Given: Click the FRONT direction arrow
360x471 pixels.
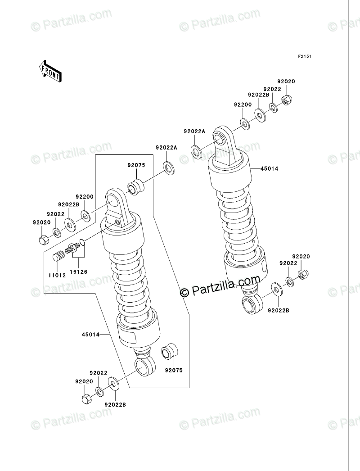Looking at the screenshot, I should click(49, 71).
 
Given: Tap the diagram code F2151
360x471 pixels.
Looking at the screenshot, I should click(305, 57).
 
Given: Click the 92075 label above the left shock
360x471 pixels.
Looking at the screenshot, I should click(136, 165).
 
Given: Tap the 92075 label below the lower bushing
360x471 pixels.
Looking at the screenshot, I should click(173, 370).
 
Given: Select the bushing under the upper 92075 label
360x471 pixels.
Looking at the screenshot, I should click(135, 186).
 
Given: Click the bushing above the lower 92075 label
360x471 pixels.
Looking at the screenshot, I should click(169, 351).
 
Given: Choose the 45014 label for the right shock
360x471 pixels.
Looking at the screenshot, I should click(270, 169).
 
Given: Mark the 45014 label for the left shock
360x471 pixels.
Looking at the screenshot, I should click(90, 334).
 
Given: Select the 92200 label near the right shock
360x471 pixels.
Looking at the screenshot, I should click(242, 104).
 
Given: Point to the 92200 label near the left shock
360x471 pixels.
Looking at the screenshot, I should click(84, 197).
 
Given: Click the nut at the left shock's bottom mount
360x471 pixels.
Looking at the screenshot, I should click(87, 398).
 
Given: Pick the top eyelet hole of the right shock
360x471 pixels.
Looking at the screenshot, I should click(219, 137).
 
